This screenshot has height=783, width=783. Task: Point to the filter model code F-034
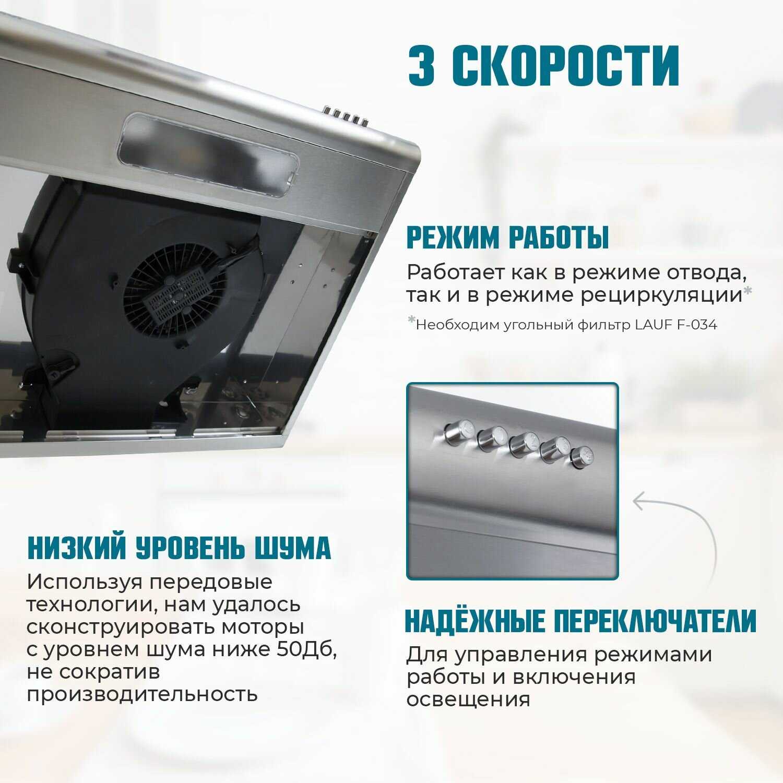point(697,325)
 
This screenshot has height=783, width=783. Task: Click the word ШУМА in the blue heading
point(293,548)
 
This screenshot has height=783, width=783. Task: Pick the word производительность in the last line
point(142,695)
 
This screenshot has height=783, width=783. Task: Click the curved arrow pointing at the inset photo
point(684,527)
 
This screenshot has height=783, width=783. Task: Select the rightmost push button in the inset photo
point(582,457)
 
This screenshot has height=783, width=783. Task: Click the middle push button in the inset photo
point(524,445)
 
